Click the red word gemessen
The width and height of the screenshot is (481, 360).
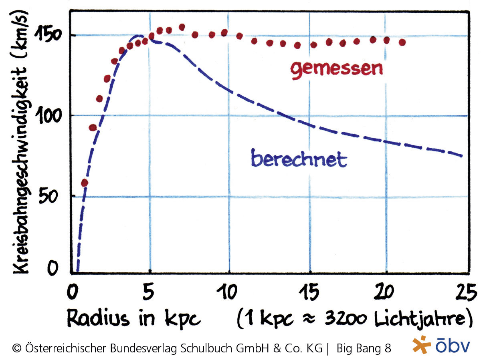click(336, 69)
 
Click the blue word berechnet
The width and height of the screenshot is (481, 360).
click(299, 159)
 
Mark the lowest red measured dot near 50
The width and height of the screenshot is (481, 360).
click(84, 183)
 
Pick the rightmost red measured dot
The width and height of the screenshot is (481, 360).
click(402, 42)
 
